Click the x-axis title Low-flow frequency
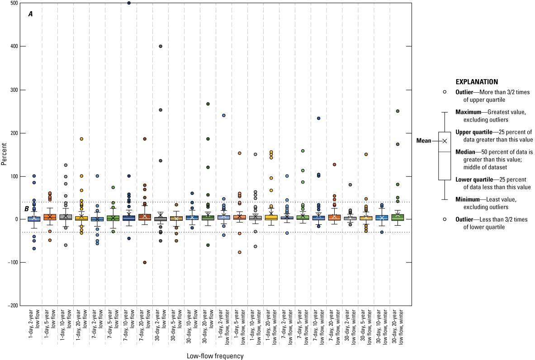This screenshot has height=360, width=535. (x=215, y=356)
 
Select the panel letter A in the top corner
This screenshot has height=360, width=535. (x=30, y=14)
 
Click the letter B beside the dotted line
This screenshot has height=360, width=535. (x=27, y=208)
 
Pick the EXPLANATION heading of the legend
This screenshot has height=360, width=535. (x=477, y=82)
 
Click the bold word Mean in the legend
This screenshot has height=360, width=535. (x=423, y=141)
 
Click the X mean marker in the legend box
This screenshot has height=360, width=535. (x=445, y=141)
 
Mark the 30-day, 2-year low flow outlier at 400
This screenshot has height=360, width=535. (x=161, y=46)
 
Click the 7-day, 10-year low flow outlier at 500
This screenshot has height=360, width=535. (x=129, y=3)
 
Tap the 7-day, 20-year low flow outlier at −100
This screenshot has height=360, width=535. (x=145, y=262)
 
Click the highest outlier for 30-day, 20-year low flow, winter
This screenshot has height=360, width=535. (x=398, y=111)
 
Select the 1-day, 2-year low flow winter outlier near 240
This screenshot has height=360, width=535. (x=224, y=115)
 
